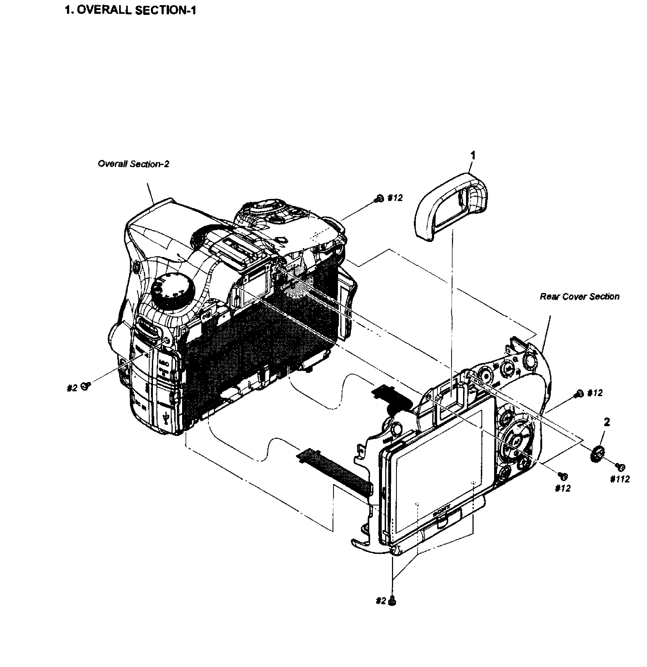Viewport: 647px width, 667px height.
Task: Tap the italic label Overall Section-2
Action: [x=133, y=164]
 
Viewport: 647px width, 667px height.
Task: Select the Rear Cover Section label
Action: [x=579, y=297]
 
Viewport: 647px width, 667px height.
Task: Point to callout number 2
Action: [x=606, y=422]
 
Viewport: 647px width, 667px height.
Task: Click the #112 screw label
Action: [x=620, y=479]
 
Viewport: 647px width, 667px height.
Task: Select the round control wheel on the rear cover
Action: [x=517, y=441]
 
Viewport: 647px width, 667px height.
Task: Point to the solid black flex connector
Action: [x=391, y=396]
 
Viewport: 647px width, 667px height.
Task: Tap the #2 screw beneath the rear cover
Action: [x=393, y=601]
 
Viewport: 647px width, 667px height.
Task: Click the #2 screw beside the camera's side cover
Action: [x=86, y=386]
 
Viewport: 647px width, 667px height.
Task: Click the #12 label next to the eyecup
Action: [x=395, y=198]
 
